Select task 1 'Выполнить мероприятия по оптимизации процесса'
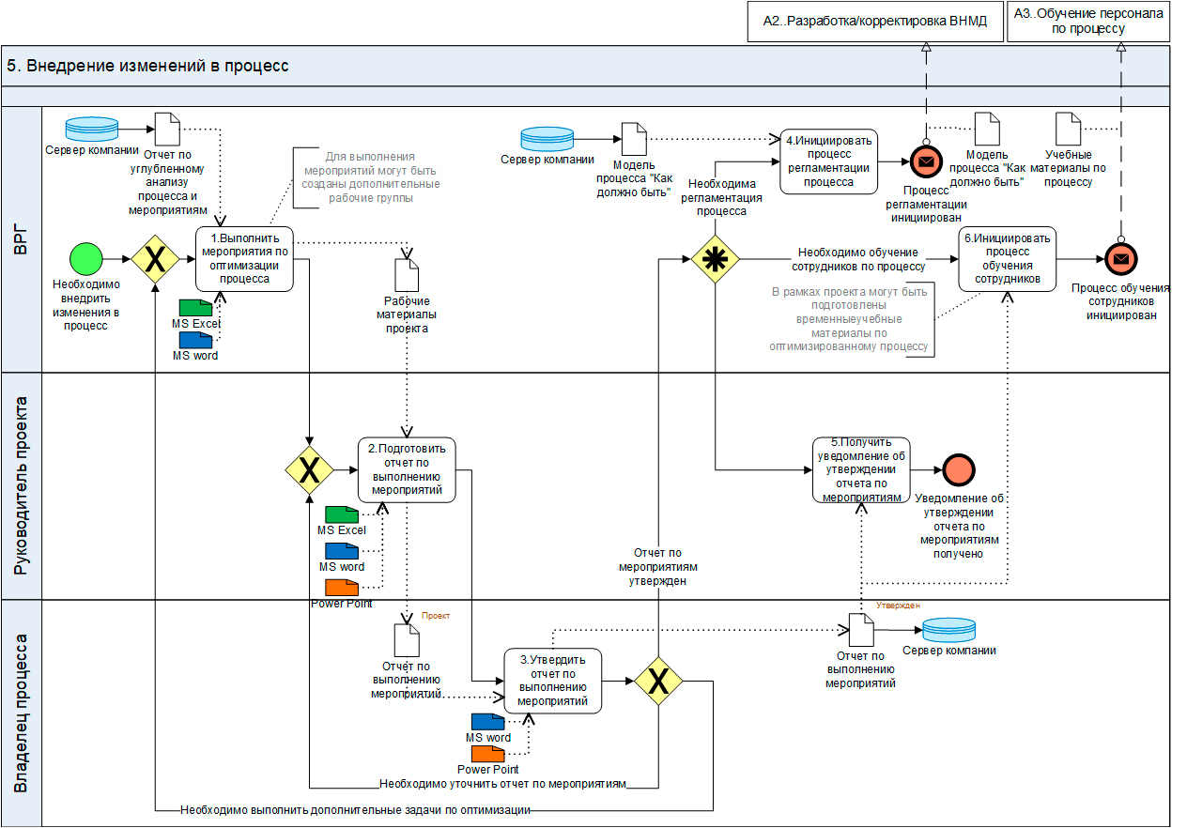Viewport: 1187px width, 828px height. [x=244, y=258]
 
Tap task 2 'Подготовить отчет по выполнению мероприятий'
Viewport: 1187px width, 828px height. [x=407, y=469]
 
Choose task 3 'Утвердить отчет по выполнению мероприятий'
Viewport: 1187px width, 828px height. [x=552, y=681]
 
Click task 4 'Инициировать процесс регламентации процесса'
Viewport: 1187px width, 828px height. [x=828, y=161]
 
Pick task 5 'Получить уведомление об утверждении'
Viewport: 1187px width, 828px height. [x=861, y=469]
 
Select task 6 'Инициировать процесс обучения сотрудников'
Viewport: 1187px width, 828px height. [x=1007, y=258]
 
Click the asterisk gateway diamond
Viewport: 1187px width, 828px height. [x=716, y=258]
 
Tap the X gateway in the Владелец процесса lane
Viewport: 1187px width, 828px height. [x=659, y=681]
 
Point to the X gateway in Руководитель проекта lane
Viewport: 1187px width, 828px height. [x=310, y=469]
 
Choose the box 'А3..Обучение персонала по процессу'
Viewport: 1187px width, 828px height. [x=1088, y=22]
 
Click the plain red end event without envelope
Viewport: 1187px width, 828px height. [x=960, y=469]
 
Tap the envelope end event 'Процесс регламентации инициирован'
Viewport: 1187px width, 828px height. [x=926, y=161]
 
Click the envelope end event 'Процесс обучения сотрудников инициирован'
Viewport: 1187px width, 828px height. [x=1119, y=258]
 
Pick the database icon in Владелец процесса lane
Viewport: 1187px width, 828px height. [x=948, y=629]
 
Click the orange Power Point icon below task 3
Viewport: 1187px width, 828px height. [x=487, y=753]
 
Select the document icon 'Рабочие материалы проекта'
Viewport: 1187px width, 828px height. [x=407, y=275]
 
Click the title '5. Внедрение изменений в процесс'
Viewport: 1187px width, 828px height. [x=147, y=66]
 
